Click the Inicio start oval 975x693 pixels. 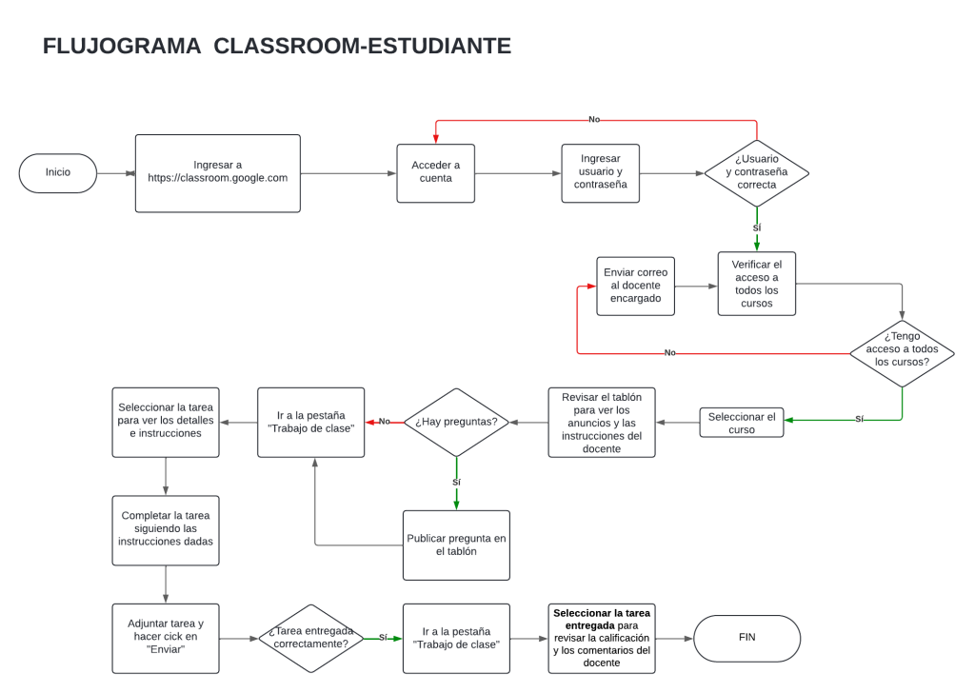pos(58,173)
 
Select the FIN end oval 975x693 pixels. pos(746,638)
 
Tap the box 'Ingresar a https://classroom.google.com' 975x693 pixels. pos(217,172)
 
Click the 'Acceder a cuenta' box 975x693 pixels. pos(435,173)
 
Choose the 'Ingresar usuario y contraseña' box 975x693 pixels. pos(600,173)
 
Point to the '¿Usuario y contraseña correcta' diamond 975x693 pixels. pos(756,173)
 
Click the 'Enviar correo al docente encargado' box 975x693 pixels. pos(635,286)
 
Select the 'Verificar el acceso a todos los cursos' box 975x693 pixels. pos(756,284)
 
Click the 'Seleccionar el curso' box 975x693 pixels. pos(742,423)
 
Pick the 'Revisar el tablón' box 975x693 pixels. pos(601,422)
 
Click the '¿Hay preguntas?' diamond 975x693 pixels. pos(456,422)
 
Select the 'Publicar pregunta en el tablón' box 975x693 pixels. pos(456,544)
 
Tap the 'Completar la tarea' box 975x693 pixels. pos(166,529)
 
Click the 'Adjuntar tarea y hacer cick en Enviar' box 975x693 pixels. pos(166,637)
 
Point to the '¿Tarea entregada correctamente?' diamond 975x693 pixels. pos(310,638)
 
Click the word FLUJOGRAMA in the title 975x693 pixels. pos(122,46)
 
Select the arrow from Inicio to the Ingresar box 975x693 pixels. pos(116,173)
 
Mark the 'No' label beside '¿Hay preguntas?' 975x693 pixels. pos(385,421)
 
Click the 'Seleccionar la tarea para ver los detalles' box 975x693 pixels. pos(166,421)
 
